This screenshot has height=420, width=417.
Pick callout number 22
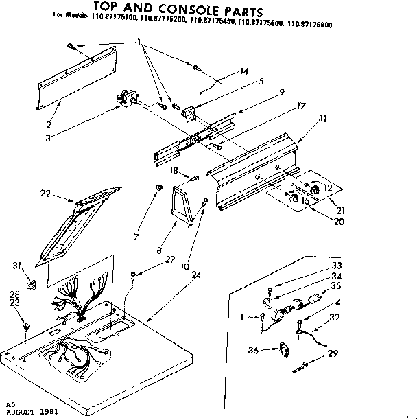pos(45,194)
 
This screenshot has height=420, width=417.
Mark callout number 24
pos(197,275)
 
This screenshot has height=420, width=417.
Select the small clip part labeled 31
pos(31,283)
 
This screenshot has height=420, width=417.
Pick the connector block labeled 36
pos(283,350)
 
